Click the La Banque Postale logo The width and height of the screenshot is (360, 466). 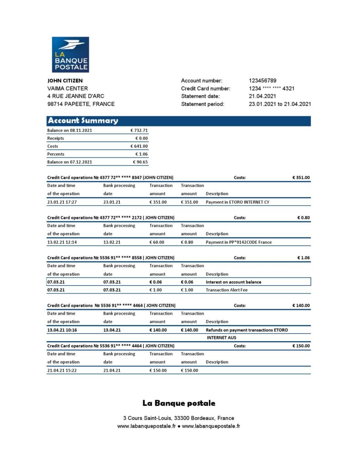(x=70, y=55)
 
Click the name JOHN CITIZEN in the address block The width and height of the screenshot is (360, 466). (x=65, y=81)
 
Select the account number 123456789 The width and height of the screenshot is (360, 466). (x=263, y=81)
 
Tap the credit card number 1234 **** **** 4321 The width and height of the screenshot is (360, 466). (x=272, y=88)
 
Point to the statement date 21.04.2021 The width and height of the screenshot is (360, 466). (x=263, y=96)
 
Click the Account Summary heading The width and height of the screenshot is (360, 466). (x=83, y=121)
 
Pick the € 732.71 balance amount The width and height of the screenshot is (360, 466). (x=139, y=130)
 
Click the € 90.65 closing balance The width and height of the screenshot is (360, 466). (x=140, y=162)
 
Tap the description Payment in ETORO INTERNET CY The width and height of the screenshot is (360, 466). (x=237, y=202)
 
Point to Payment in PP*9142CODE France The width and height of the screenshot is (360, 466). (x=238, y=242)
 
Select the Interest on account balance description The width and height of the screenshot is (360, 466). (x=233, y=282)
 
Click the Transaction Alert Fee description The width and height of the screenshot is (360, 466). (x=227, y=290)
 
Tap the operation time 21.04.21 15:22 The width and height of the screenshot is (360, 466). (x=62, y=370)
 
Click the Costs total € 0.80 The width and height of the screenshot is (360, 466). (x=304, y=218)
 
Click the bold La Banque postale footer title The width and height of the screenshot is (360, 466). (x=179, y=403)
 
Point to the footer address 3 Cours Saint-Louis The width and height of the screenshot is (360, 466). (x=178, y=418)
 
